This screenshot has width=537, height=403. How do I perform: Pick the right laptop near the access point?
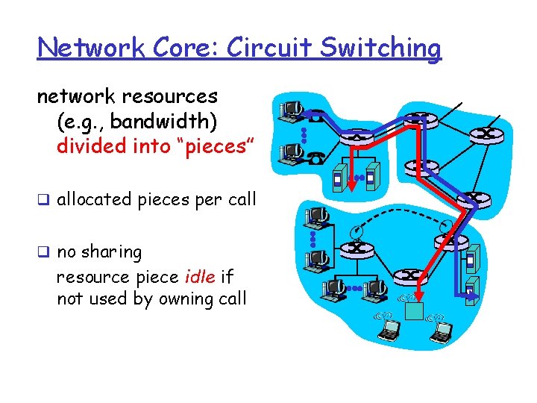coord(441,329)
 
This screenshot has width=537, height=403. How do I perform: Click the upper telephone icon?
coord(316,116)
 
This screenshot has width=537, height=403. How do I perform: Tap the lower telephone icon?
coord(316,157)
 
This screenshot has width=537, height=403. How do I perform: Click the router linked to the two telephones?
coord(356,137)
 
